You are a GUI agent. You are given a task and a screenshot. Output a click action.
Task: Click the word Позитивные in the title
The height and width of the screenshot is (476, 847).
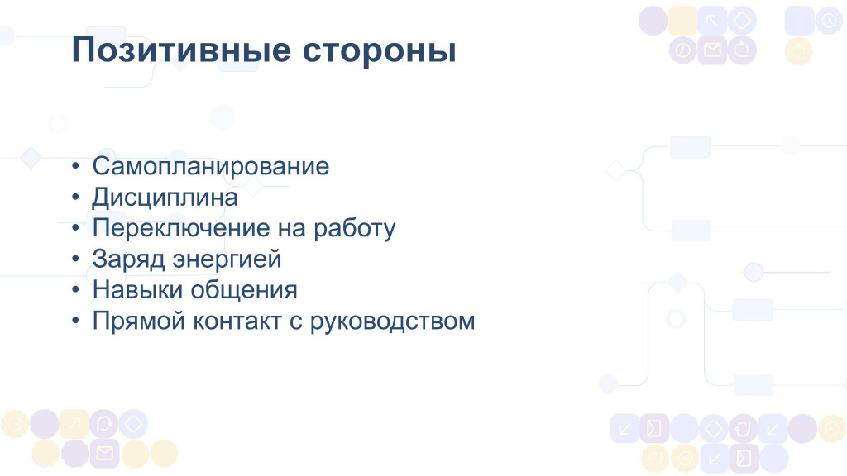click(181, 50)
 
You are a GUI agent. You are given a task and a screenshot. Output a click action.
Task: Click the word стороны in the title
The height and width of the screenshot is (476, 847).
click(379, 52)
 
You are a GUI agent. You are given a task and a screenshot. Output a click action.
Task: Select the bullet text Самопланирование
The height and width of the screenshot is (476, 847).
click(211, 166)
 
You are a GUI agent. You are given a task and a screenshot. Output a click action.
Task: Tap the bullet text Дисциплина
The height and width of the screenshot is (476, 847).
click(165, 198)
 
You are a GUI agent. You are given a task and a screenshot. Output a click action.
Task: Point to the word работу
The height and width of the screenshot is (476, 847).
click(354, 229)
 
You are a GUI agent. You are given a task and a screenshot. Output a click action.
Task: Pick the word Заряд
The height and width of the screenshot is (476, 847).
click(128, 259)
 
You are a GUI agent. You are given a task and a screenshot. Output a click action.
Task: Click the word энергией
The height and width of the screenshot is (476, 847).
click(227, 259)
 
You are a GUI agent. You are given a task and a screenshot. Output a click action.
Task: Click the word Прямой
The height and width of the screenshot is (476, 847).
click(139, 321)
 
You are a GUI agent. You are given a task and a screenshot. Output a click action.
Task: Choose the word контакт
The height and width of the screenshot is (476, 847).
click(237, 321)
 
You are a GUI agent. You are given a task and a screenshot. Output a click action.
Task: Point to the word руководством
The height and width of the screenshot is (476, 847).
click(392, 321)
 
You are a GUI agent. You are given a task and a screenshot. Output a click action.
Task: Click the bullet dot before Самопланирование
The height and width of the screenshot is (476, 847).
click(75, 166)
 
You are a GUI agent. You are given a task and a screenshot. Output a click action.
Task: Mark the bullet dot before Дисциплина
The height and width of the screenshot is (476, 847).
click(75, 197)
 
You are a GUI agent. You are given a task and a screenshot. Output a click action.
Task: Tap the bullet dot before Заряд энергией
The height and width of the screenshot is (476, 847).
click(75, 259)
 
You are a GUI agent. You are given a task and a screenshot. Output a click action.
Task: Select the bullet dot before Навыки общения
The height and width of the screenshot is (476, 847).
click(75, 290)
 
